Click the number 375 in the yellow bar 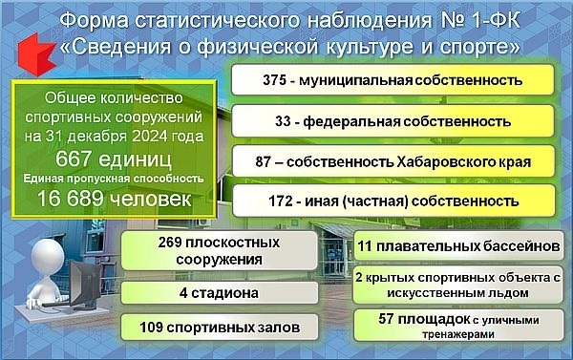(277, 80)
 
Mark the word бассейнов (514, 246)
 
